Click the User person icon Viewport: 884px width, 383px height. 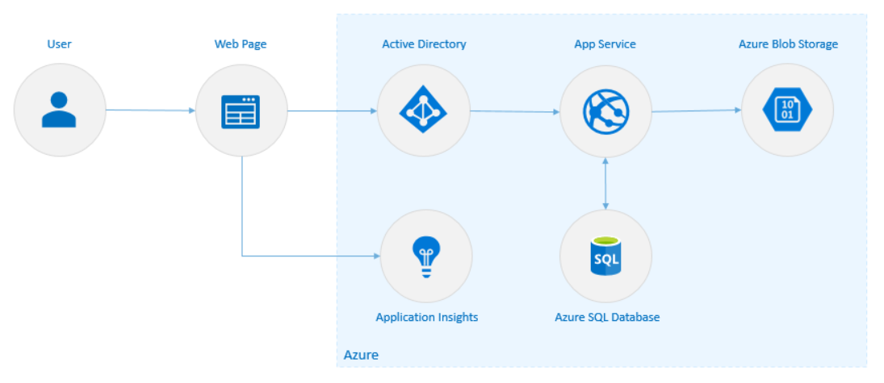tap(59, 110)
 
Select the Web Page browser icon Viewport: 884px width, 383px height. tap(241, 111)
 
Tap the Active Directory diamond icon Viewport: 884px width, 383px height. tap(423, 110)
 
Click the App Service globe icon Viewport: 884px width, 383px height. tap(605, 110)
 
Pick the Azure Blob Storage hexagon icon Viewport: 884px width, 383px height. tap(787, 110)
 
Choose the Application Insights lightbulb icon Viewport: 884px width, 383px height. tap(426, 256)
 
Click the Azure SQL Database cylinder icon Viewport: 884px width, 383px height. tap(605, 256)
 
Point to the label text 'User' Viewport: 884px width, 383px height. tap(59, 44)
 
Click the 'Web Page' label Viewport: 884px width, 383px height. tap(241, 44)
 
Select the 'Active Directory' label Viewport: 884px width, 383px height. tap(424, 44)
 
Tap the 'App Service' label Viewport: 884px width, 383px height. tap(605, 44)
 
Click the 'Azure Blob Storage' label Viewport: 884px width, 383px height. tap(788, 44)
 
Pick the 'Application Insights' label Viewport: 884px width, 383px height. tap(426, 317)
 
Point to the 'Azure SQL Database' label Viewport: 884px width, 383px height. tap(607, 317)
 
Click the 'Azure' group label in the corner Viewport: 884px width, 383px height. tap(361, 355)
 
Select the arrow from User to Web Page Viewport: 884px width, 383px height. tap(150, 110)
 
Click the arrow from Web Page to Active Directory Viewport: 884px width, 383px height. tap(332, 110)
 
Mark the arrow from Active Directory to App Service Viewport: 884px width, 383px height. tap(514, 111)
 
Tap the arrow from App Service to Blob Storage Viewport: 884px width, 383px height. tap(696, 110)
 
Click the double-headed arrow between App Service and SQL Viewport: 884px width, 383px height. tap(605, 183)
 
